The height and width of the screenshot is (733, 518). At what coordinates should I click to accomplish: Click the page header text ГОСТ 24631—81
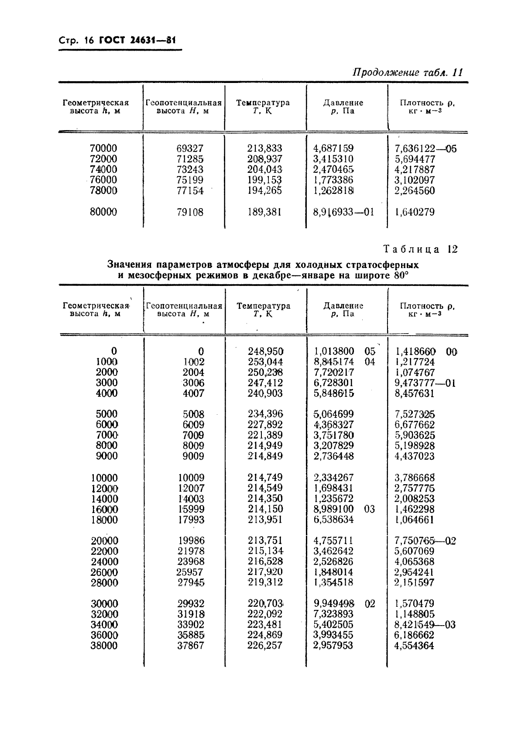coord(137,41)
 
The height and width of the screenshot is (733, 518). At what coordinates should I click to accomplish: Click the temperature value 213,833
coord(264,148)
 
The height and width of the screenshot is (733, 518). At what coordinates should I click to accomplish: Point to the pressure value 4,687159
coord(334,148)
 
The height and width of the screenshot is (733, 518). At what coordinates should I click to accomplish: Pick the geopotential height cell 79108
coord(190,212)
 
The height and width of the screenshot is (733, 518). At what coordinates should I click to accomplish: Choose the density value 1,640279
coord(415,212)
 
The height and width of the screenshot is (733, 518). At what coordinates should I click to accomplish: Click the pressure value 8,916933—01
coord(343,212)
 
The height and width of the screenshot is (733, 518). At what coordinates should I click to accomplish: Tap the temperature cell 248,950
coord(265,351)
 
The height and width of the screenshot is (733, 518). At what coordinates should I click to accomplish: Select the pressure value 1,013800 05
coord(344,351)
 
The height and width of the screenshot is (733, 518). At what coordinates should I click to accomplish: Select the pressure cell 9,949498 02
coord(344,604)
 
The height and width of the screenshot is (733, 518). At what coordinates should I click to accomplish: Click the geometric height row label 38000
coord(104,646)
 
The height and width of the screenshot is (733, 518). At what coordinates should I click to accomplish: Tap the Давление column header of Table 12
coord(343,306)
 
